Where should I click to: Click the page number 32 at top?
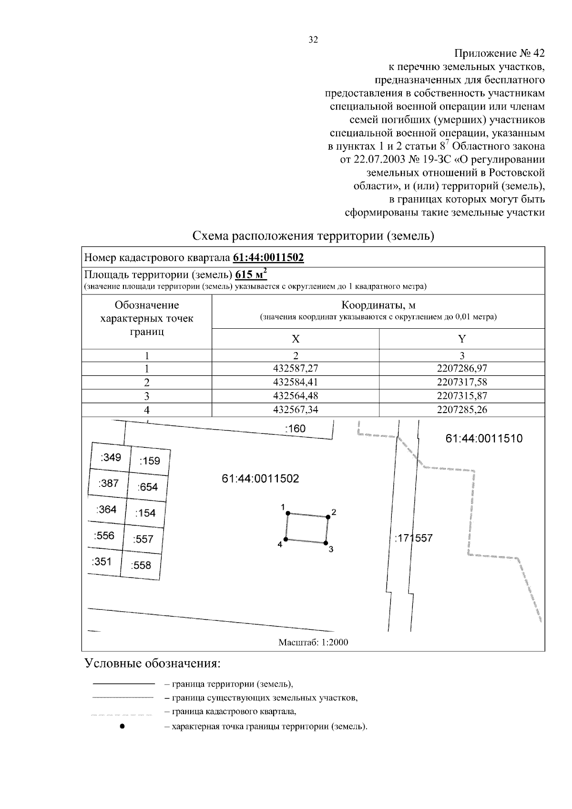pyautogui.click(x=313, y=40)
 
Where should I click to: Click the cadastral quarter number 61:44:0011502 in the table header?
pyautogui.click(x=268, y=258)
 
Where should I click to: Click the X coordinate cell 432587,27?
pyautogui.click(x=296, y=369)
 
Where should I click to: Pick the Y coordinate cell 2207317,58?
pyautogui.click(x=461, y=382)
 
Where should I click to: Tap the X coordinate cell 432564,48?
pyautogui.click(x=296, y=396)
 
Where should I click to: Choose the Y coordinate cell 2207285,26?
pyautogui.click(x=461, y=410)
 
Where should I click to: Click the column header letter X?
pyautogui.click(x=296, y=339)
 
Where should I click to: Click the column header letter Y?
pyautogui.click(x=461, y=339)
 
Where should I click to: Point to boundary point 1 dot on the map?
pyautogui.click(x=287, y=513)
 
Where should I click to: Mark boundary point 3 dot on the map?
pyautogui.click(x=326, y=543)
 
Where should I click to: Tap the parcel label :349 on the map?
pyautogui.click(x=111, y=458)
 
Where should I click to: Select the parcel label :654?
pyautogui.click(x=147, y=487)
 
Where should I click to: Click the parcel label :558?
pyautogui.click(x=141, y=566)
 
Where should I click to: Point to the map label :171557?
pyautogui.click(x=413, y=538)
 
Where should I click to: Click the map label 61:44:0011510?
pyautogui.click(x=484, y=439)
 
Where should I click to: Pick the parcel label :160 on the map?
pyautogui.click(x=295, y=429)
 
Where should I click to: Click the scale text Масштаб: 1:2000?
pyautogui.click(x=313, y=642)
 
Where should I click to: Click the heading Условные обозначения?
pyautogui.click(x=153, y=663)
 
